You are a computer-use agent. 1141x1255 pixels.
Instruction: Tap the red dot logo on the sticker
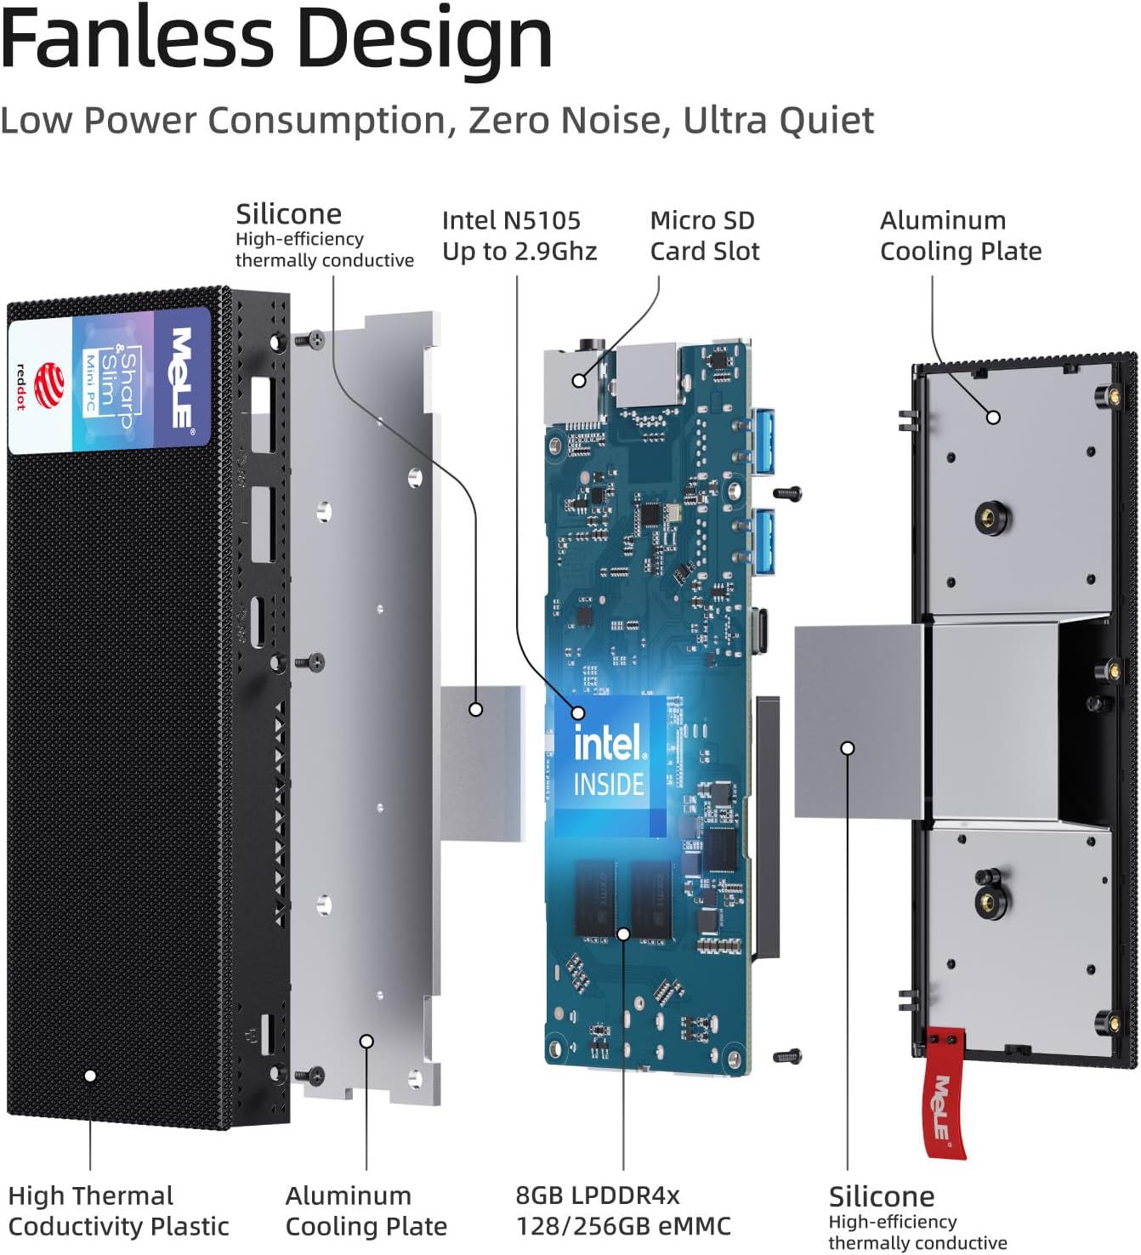(x=49, y=384)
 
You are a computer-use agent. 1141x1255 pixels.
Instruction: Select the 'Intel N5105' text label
(x=511, y=220)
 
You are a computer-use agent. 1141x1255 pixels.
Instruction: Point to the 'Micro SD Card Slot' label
(x=704, y=236)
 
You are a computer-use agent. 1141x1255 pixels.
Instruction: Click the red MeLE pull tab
(x=945, y=1093)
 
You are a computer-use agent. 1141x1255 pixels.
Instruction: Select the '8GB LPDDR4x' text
(x=597, y=1195)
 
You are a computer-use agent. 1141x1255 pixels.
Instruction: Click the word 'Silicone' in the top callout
(x=288, y=213)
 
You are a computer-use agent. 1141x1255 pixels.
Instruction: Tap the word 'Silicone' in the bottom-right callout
(x=881, y=1196)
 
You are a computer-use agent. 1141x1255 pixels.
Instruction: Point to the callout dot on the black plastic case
(x=90, y=1076)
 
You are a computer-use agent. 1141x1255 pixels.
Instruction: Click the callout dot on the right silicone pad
(x=847, y=748)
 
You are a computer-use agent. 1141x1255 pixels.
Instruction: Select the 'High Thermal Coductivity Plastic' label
(x=118, y=1211)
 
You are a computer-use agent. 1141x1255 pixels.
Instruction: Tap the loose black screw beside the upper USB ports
(x=787, y=492)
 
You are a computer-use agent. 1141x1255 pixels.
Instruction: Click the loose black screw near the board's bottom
(x=787, y=1056)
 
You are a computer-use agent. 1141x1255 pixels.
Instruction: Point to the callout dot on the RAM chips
(x=623, y=934)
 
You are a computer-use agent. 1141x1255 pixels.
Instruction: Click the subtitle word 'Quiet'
(x=826, y=121)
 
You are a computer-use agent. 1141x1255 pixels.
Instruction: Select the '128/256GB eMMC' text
(x=622, y=1226)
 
